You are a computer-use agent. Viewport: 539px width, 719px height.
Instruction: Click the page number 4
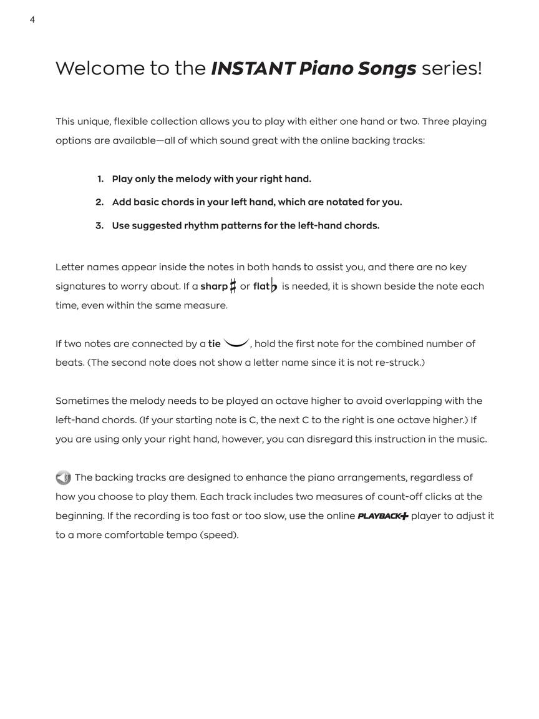pos(32,20)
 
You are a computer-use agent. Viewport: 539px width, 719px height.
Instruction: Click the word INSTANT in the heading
pos(252,68)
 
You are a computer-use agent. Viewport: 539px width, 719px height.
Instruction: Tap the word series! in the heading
pos(452,68)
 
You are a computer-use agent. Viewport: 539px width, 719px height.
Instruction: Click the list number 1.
pos(100,179)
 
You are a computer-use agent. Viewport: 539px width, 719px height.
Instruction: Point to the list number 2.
pos(99,202)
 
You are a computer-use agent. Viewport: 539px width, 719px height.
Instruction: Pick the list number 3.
pos(99,226)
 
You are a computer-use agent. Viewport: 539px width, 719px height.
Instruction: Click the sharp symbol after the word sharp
pos(233,286)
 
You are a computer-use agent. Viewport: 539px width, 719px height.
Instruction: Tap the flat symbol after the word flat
pos(274,286)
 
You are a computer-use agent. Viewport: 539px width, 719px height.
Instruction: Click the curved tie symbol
pos(236,343)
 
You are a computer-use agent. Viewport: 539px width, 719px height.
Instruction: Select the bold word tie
pos(214,344)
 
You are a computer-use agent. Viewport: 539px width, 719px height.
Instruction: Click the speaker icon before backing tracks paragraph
pos(63,478)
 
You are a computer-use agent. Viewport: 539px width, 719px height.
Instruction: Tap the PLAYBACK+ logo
pos(383,516)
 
